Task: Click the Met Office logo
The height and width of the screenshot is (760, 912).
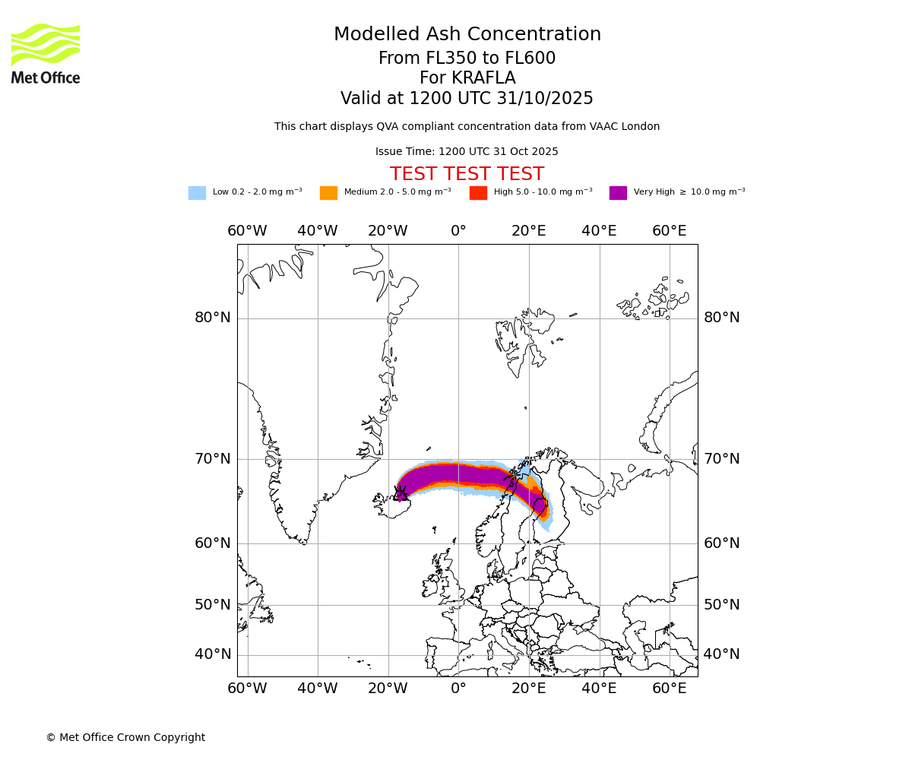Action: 46,53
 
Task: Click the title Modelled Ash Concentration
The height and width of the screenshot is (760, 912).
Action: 467,35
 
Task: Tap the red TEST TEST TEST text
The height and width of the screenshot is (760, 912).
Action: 467,174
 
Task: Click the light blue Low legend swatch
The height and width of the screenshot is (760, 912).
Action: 197,193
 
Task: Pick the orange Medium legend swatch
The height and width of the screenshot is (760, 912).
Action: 328,193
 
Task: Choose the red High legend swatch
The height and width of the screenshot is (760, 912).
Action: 478,193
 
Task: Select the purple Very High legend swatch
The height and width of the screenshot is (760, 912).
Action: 618,193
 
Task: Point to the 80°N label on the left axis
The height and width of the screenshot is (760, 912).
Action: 213,318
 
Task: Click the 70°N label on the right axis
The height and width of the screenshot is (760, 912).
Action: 721,459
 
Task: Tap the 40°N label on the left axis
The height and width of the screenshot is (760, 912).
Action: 213,654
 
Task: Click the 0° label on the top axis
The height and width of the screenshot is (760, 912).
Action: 458,231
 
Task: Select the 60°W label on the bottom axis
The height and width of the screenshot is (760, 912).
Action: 247,689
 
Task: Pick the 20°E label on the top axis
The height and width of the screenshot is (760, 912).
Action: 528,231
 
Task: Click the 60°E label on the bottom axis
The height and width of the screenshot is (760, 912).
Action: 669,689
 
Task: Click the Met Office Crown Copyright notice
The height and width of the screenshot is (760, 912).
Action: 125,738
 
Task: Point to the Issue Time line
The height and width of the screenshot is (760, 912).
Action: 467,152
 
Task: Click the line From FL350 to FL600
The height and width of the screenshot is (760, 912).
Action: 467,59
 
